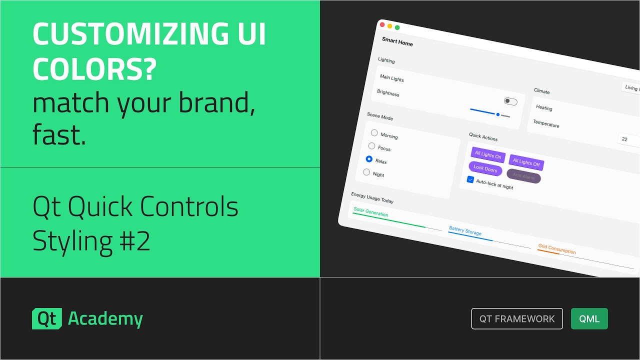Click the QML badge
click(589, 319)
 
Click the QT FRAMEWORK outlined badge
click(517, 319)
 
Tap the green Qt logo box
click(47, 319)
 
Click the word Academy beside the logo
click(105, 319)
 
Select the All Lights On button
click(488, 155)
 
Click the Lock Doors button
click(485, 169)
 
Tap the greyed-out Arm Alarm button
click(523, 176)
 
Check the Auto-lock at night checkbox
click(470, 179)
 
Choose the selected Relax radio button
click(369, 159)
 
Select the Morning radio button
click(374, 133)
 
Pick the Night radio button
click(366, 172)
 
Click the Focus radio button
click(371, 146)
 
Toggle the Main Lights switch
click(510, 101)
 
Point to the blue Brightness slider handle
click(498, 114)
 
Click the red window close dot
click(382, 24)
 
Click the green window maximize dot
click(397, 27)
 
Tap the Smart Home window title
click(397, 42)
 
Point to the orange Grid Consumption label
click(556, 249)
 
